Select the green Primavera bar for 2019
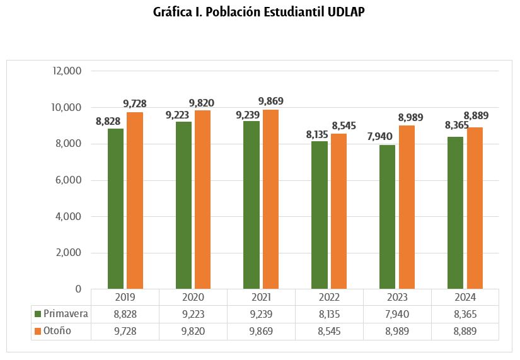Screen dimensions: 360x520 point(115,209)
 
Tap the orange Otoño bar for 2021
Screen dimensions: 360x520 point(270,199)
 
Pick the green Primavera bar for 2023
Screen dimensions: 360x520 point(387,217)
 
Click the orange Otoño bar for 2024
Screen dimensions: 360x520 point(475,208)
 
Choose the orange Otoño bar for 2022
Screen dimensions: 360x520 point(338,211)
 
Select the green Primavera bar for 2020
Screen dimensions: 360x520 point(183,205)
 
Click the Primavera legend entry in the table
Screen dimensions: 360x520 point(61,313)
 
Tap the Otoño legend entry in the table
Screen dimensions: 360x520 point(57,331)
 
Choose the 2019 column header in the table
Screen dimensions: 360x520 point(125,297)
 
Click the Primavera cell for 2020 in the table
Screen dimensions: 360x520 point(193,313)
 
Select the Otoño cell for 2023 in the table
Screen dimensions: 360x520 point(397,331)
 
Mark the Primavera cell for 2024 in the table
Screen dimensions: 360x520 point(465,313)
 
